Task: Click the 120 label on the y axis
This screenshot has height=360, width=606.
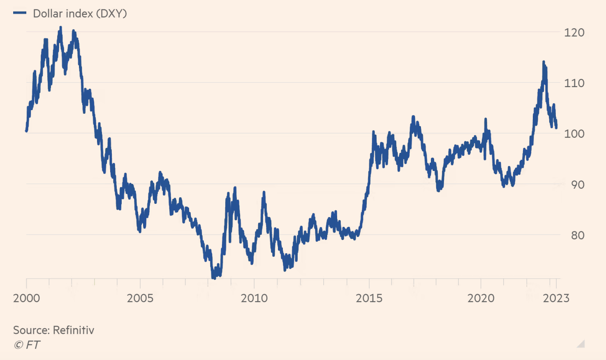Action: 574,32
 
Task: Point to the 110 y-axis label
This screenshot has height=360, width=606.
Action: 574,83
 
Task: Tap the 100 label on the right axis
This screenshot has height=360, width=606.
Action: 574,134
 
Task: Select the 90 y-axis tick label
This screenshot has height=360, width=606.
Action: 577,185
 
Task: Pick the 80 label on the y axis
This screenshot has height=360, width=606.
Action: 577,235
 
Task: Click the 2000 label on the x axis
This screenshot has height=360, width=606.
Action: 26,298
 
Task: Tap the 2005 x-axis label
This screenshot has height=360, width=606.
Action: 140,298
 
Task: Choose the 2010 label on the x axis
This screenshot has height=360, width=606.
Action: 254,298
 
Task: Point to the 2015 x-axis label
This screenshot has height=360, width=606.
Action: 369,298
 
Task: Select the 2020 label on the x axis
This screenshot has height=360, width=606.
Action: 481,298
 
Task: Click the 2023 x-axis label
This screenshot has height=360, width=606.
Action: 556,298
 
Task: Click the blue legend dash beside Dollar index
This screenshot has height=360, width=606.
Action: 20,13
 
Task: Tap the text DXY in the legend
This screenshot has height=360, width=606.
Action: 111,14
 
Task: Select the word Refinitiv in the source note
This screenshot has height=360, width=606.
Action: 74,330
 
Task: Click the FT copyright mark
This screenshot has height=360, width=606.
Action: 27,345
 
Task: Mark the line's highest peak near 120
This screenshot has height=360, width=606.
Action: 60,28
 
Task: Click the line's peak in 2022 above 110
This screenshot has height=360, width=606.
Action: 544,62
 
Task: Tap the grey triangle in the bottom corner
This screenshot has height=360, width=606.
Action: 581,344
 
